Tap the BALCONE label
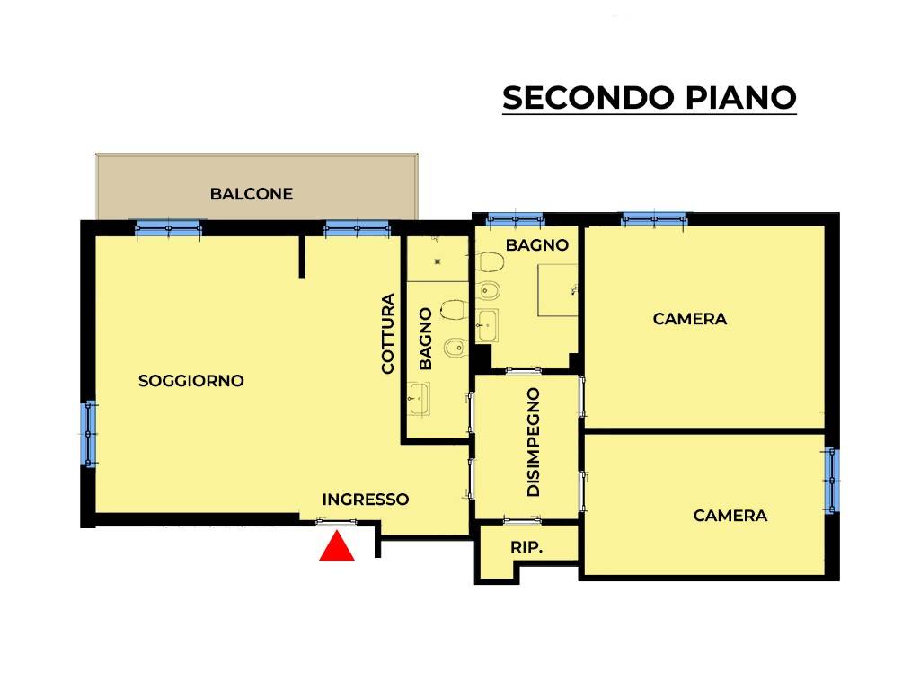[x=252, y=193]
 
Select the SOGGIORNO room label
[x=191, y=381]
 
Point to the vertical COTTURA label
[x=388, y=333]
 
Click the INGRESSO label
[x=366, y=500]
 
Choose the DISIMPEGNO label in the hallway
[x=534, y=443]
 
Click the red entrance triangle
[x=337, y=547]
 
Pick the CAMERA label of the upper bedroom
[x=690, y=319]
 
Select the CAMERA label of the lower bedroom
[x=730, y=516]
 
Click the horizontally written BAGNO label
[x=537, y=244]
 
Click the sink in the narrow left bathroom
[x=419, y=397]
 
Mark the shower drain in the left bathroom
[x=438, y=261]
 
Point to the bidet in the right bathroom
[x=490, y=289]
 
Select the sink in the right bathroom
[x=487, y=324]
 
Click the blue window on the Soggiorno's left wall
[x=90, y=433]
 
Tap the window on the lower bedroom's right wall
[x=832, y=480]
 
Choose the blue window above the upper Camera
[x=653, y=218]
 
